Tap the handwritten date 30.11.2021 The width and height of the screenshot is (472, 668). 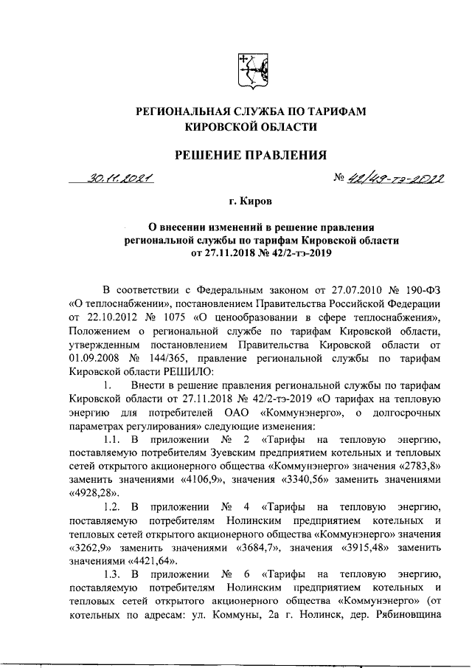[117, 178]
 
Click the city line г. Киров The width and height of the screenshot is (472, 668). [249, 200]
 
